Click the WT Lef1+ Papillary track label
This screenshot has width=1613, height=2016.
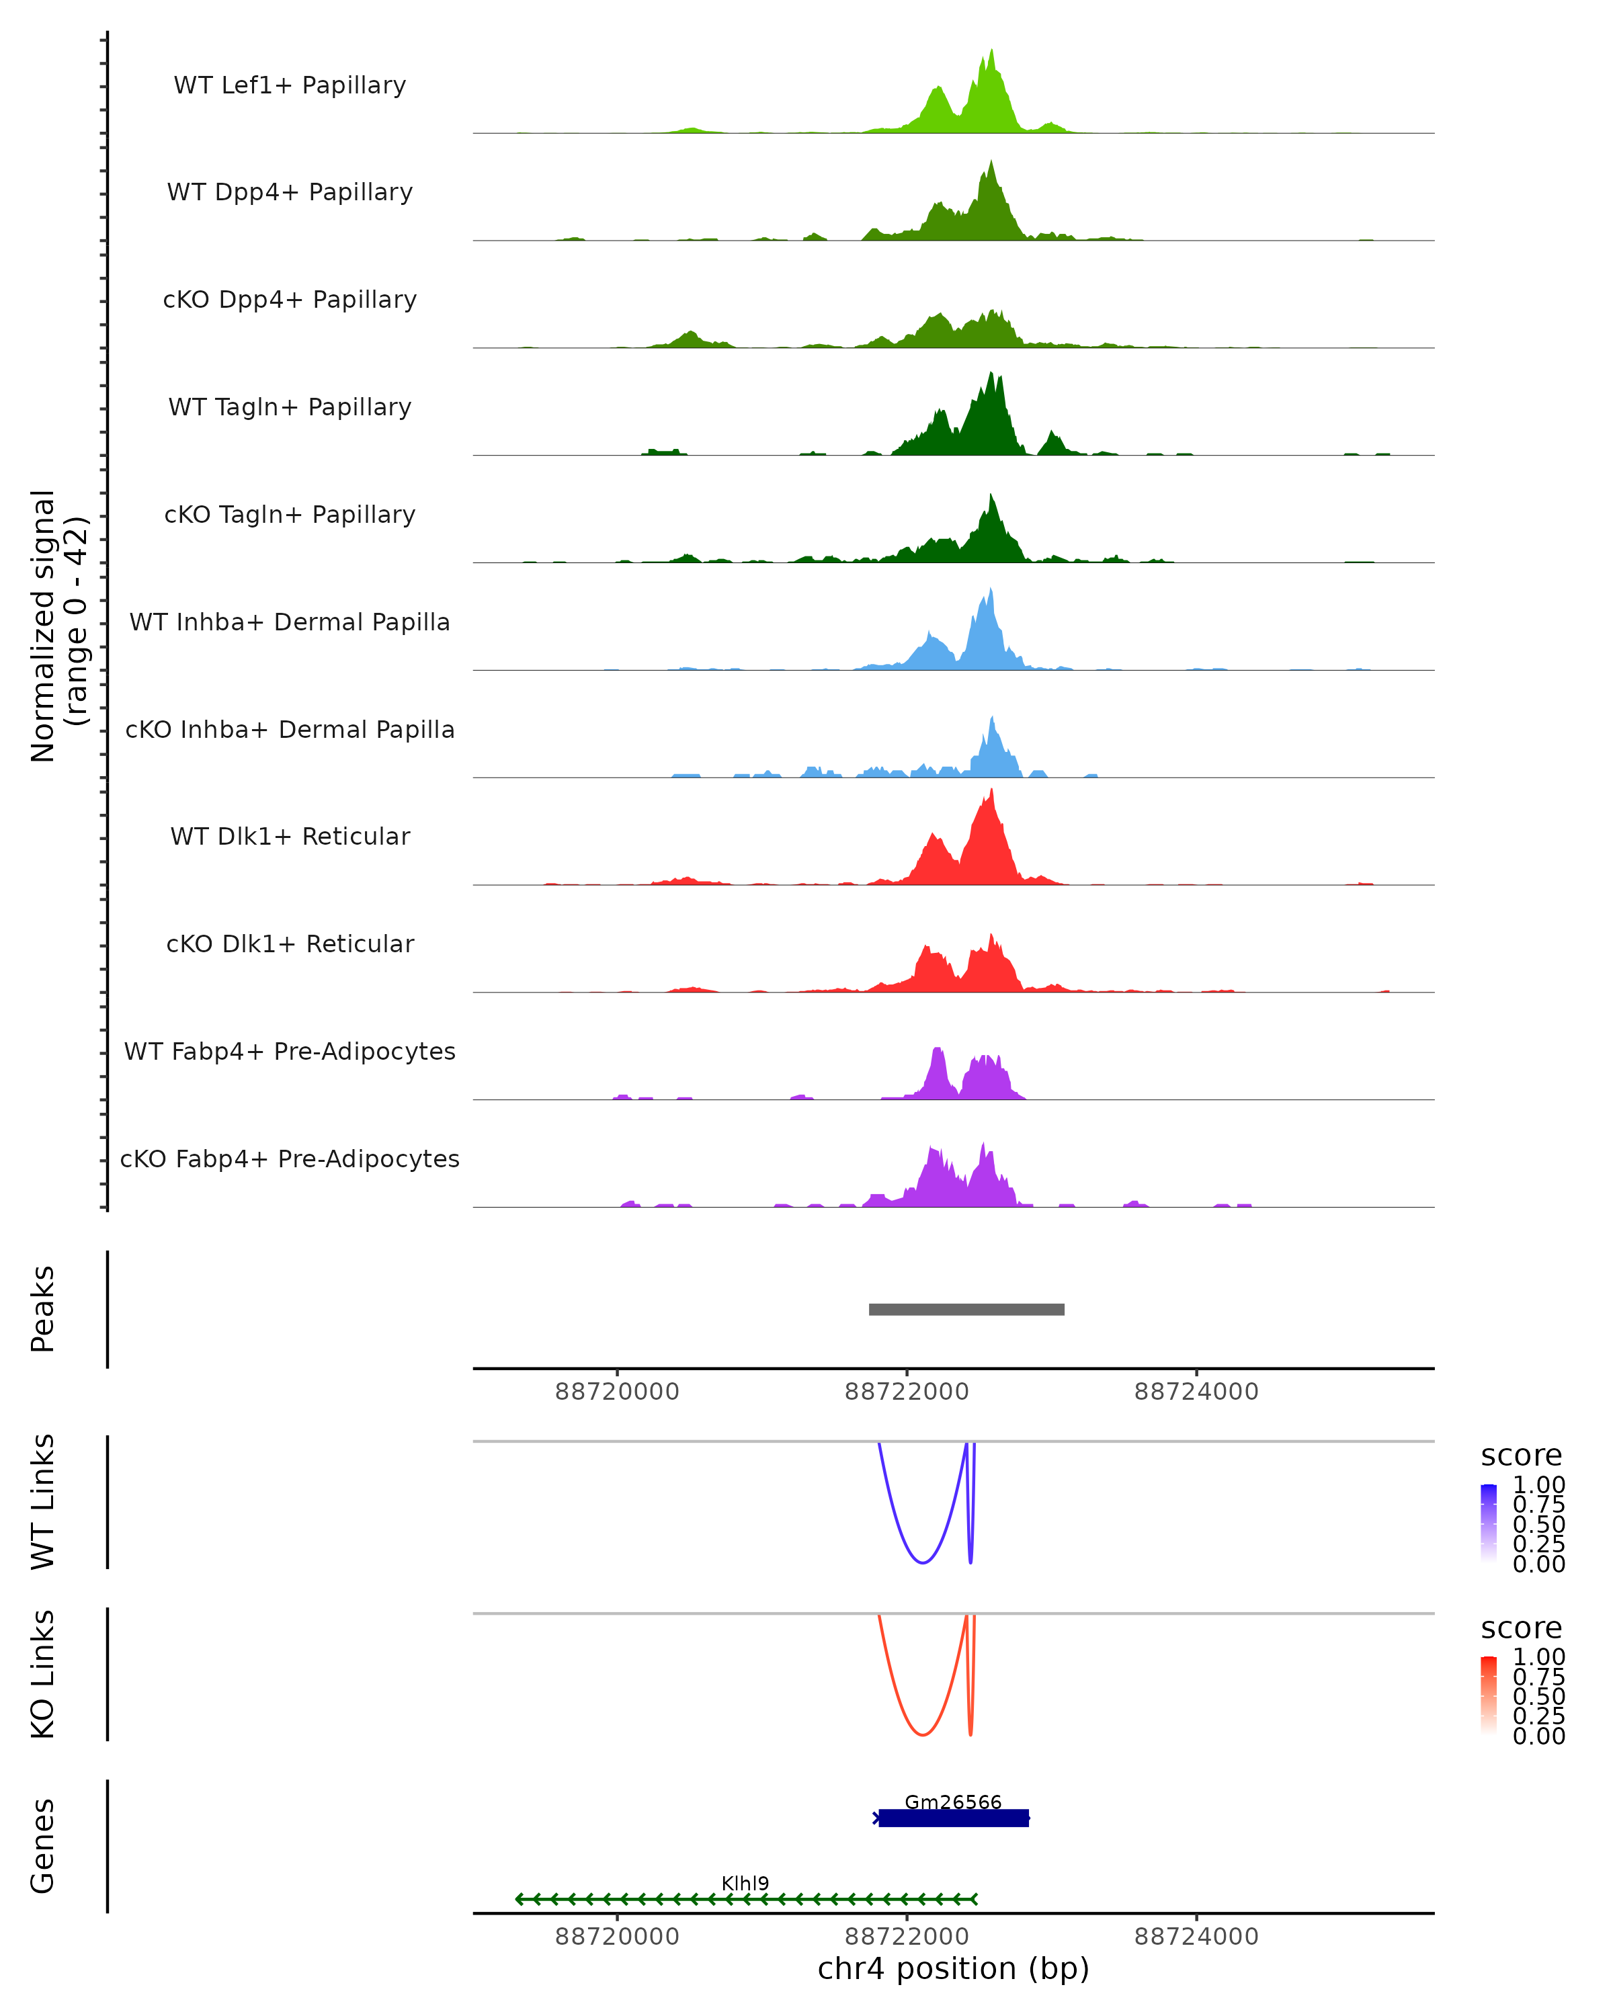290,85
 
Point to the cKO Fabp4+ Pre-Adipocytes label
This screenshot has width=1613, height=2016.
290,1159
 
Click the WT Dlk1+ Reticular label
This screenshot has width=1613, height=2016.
290,836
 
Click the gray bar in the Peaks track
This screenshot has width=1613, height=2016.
966,1309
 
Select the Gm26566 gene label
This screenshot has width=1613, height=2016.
953,1802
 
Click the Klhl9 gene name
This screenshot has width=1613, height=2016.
745,1883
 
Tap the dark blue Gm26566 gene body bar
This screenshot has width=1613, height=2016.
953,1818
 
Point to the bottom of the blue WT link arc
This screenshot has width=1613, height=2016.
923,1562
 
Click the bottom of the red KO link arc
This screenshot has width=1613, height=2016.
923,1734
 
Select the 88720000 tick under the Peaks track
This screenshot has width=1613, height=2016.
617,1392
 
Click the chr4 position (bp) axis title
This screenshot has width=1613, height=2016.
953,1969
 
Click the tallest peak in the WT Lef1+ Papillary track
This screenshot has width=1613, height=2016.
991,52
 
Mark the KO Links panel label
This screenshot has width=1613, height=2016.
43,1674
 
